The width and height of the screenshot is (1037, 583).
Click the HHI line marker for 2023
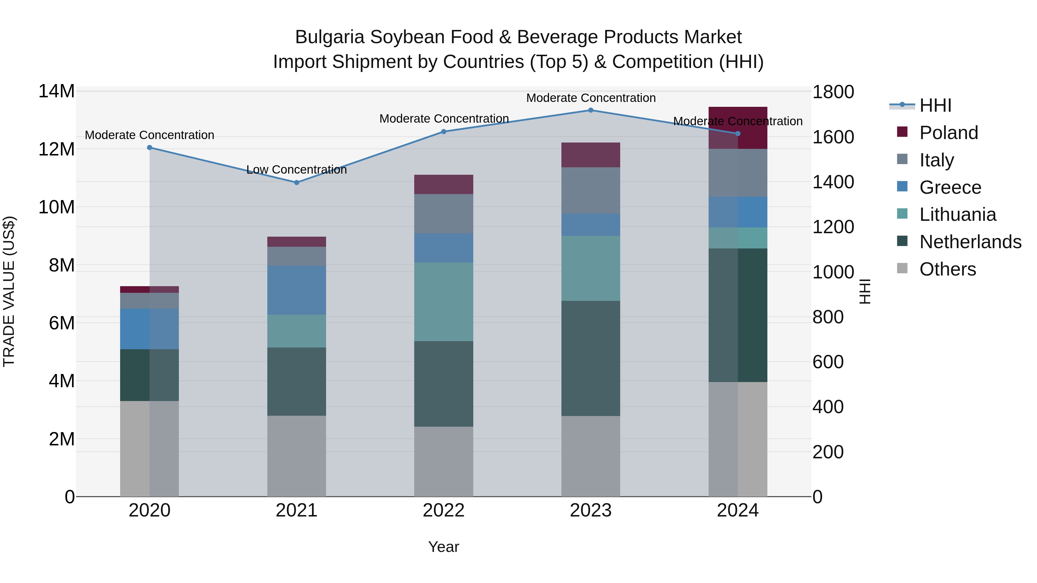pos(591,110)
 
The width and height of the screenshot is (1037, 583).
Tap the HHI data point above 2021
pos(297,183)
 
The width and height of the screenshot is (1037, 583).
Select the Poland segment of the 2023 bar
pos(591,155)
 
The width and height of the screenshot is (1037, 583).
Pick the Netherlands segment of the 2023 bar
pos(591,358)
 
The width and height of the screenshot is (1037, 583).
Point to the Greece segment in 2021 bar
pos(297,290)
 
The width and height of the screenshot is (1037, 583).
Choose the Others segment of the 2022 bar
pos(444,462)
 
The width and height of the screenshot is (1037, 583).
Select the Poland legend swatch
pos(902,132)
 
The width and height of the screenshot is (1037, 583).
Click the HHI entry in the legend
pos(935,105)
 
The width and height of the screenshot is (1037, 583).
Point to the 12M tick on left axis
pos(56,149)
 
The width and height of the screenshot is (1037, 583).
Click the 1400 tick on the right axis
pos(833,182)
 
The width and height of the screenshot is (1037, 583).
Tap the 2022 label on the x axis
pos(444,510)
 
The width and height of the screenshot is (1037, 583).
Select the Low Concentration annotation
pos(297,170)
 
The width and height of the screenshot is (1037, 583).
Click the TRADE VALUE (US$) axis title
pos(9,291)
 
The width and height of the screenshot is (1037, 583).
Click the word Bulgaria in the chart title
pos(330,37)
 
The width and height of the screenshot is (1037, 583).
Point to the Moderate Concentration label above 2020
pos(149,135)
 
